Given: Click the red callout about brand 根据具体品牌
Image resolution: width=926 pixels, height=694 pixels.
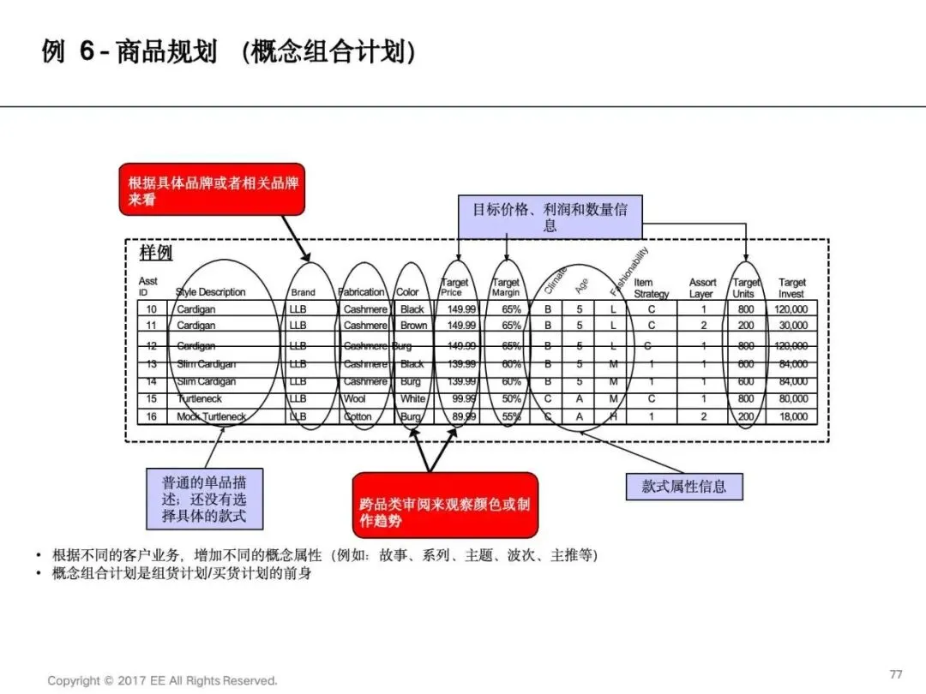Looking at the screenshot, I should click(211, 189).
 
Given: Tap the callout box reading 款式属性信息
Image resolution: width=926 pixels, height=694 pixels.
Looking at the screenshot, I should click(683, 486).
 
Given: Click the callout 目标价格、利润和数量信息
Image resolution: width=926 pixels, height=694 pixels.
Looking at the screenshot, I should click(550, 218).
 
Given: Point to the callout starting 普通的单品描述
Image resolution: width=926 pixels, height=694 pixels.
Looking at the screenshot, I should click(204, 499).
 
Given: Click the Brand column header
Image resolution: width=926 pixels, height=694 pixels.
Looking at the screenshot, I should click(303, 292).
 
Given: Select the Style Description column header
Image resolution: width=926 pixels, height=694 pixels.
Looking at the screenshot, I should click(211, 292).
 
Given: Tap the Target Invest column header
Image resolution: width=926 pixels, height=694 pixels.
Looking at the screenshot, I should click(791, 288).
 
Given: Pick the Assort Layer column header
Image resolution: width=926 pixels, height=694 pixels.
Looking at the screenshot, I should click(702, 288).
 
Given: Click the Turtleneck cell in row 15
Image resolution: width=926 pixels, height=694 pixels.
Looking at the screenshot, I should click(200, 399).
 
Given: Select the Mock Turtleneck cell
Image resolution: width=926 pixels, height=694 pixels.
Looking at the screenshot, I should click(211, 417).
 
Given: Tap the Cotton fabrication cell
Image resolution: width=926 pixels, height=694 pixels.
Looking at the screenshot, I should click(358, 417).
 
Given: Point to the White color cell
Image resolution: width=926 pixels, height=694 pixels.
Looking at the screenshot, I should click(412, 399).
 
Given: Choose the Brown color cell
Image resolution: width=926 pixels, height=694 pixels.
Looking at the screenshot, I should click(413, 326).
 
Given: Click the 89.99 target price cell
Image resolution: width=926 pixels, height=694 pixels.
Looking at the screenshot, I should click(461, 417).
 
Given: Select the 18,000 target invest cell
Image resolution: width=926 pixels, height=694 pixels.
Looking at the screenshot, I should click(791, 417).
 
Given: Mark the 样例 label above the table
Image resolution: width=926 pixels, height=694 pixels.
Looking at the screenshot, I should click(156, 253).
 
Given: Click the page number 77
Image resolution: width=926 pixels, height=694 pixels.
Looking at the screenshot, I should click(896, 673).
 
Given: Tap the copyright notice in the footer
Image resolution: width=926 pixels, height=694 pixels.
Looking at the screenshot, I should click(163, 680).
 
